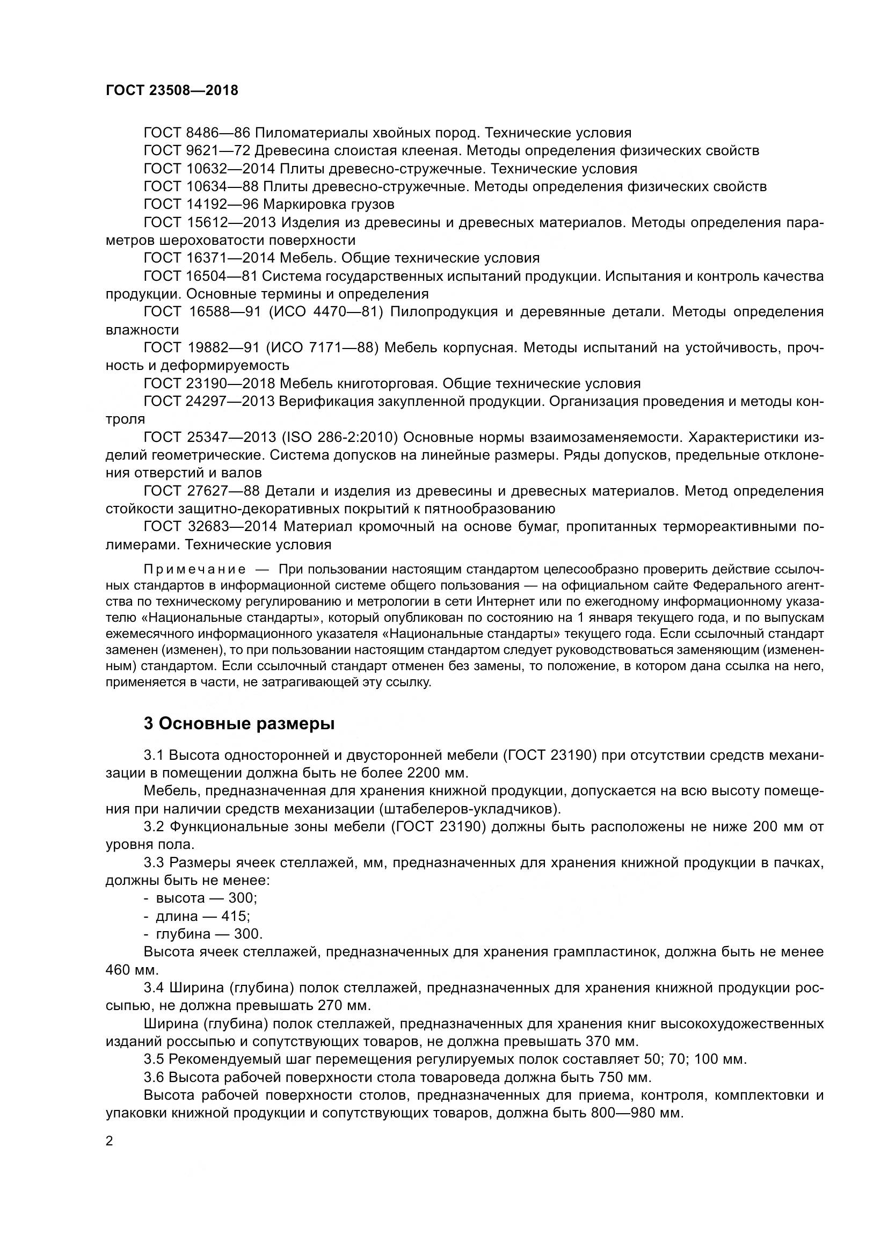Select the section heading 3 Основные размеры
tap(239, 723)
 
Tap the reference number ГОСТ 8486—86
tap(197, 133)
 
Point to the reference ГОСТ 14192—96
tap(201, 205)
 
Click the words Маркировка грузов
tap(329, 205)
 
